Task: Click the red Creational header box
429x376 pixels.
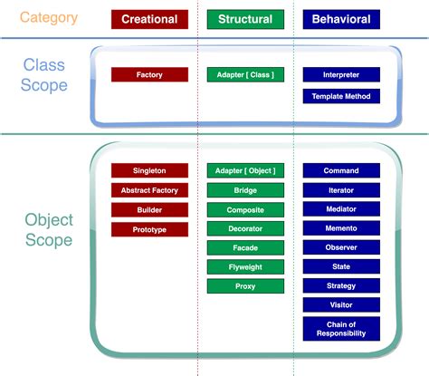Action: [149, 19]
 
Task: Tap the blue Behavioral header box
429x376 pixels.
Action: [341, 19]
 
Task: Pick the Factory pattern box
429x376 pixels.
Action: [149, 75]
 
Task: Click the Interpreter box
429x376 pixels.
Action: [341, 75]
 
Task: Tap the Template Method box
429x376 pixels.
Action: [341, 96]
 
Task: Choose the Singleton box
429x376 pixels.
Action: [149, 170]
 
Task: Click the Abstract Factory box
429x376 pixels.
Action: [149, 190]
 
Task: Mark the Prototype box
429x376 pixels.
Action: [149, 230]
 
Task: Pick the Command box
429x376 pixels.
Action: [341, 170]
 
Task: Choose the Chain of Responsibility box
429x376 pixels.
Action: [341, 328]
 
